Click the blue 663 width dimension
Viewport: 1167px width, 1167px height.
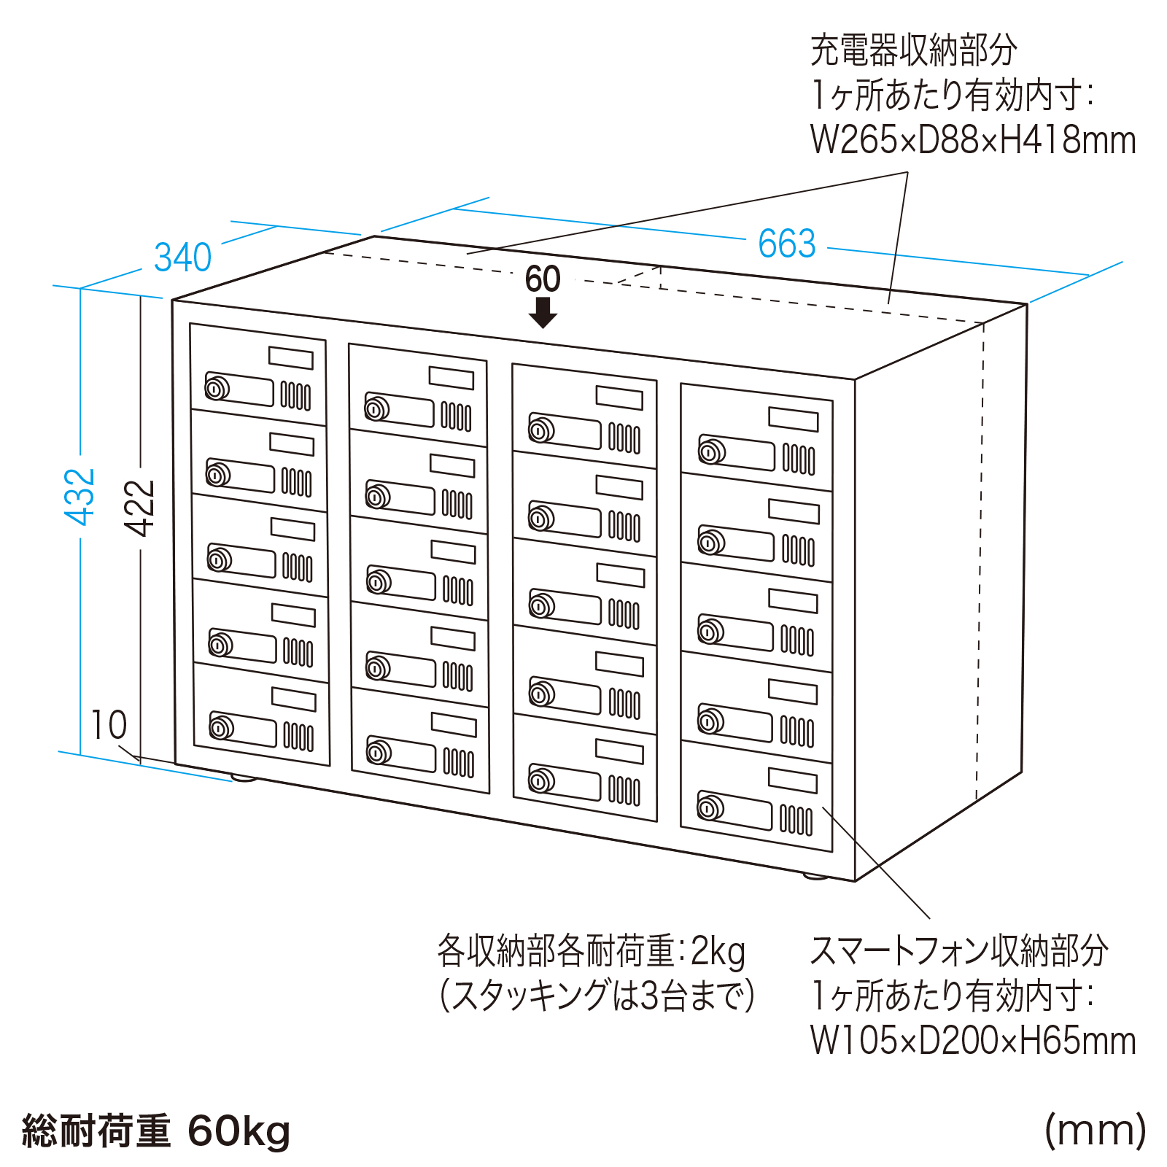pyautogui.click(x=786, y=244)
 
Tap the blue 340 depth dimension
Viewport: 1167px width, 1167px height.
pyautogui.click(x=182, y=257)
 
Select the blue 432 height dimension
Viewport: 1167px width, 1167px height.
pyautogui.click(x=80, y=497)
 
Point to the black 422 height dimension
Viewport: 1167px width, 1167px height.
pyautogui.click(x=141, y=508)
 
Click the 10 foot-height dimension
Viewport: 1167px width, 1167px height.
pyautogui.click(x=108, y=725)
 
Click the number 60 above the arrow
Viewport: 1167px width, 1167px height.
pyautogui.click(x=543, y=279)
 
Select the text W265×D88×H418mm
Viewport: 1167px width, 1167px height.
pyautogui.click(x=973, y=140)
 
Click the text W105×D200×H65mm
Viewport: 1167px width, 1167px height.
pyautogui.click(x=973, y=1040)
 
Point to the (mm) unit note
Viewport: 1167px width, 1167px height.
pyautogui.click(x=1095, y=1131)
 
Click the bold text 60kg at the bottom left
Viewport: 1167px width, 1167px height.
pyautogui.click(x=239, y=1131)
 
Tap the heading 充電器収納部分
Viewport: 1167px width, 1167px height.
pyautogui.click(x=913, y=50)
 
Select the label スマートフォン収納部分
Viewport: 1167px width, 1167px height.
pyautogui.click(x=958, y=950)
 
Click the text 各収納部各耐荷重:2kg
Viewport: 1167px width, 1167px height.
pyautogui.click(x=591, y=950)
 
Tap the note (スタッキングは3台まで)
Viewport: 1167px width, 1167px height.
pyautogui.click(x=597, y=996)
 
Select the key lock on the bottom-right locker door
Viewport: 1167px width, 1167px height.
pyautogui.click(x=710, y=807)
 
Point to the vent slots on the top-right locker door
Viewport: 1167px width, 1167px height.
pyautogui.click(x=799, y=460)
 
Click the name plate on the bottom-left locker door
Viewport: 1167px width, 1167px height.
pyautogui.click(x=293, y=699)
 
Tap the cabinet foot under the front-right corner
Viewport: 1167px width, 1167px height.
pyautogui.click(x=816, y=876)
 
